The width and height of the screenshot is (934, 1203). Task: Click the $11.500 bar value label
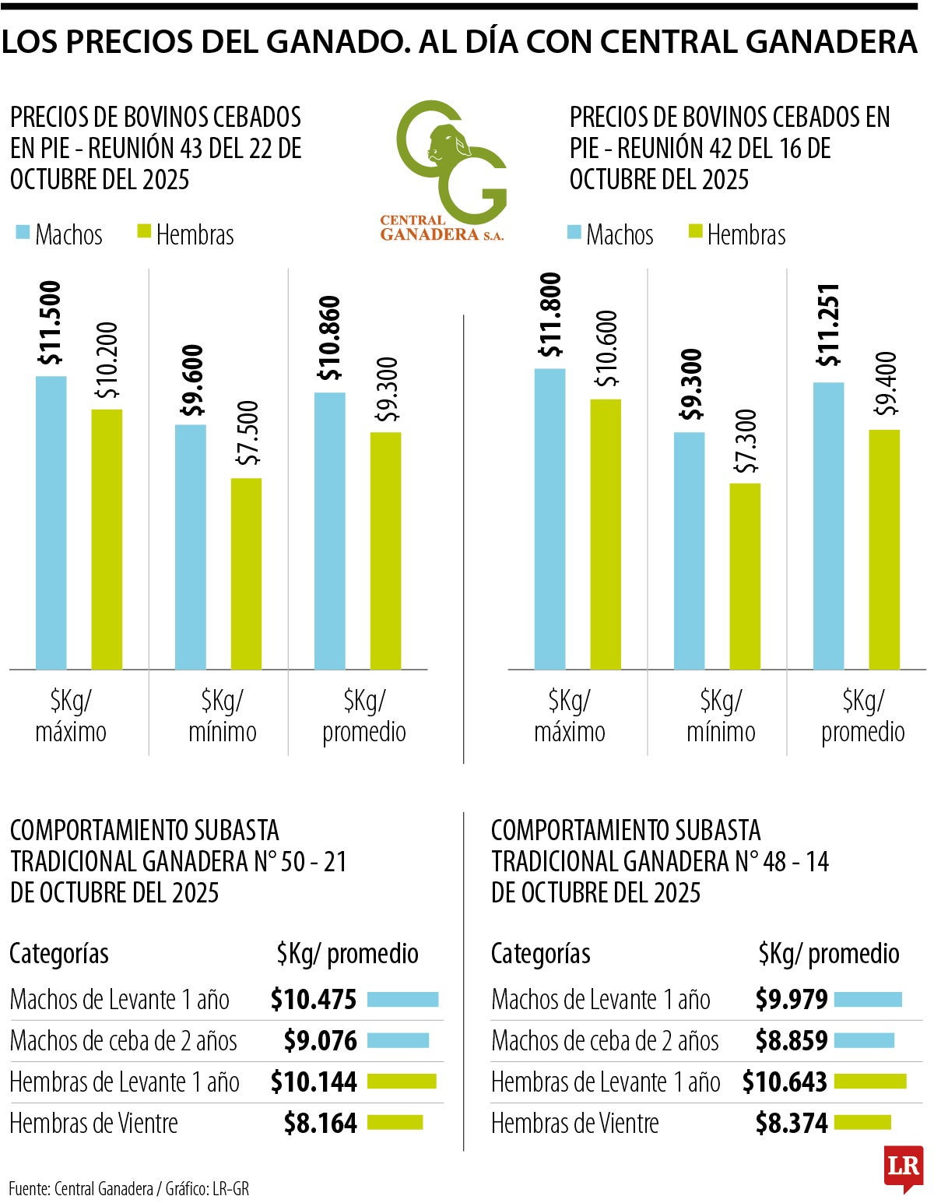(x=51, y=323)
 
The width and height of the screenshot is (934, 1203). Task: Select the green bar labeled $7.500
(x=246, y=574)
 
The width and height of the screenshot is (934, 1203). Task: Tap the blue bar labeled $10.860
(x=330, y=531)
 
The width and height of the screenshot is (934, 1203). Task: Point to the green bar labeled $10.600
(x=606, y=534)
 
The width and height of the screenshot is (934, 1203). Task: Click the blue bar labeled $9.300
(x=689, y=550)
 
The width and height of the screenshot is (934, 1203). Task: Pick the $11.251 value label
(x=829, y=325)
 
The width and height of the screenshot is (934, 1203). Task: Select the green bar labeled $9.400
(x=884, y=550)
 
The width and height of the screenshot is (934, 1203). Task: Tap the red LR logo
(x=903, y=1167)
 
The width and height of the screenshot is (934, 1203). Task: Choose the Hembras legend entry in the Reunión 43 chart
(x=186, y=234)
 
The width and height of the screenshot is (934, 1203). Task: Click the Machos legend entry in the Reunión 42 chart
(x=611, y=234)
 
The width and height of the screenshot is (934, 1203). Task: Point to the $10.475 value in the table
(x=314, y=999)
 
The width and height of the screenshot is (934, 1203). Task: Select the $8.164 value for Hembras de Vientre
(x=320, y=1123)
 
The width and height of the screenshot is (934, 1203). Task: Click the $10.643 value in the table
(x=785, y=1082)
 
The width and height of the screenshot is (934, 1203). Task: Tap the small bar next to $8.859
(x=864, y=1040)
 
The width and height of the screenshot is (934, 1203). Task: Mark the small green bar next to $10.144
(x=402, y=1082)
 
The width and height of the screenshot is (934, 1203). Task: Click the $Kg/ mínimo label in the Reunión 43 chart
(x=223, y=716)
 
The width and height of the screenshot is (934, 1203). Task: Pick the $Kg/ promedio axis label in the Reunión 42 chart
(x=862, y=716)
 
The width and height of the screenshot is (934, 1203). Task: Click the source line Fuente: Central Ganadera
(x=129, y=1189)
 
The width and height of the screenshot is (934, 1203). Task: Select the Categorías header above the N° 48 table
(x=540, y=953)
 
